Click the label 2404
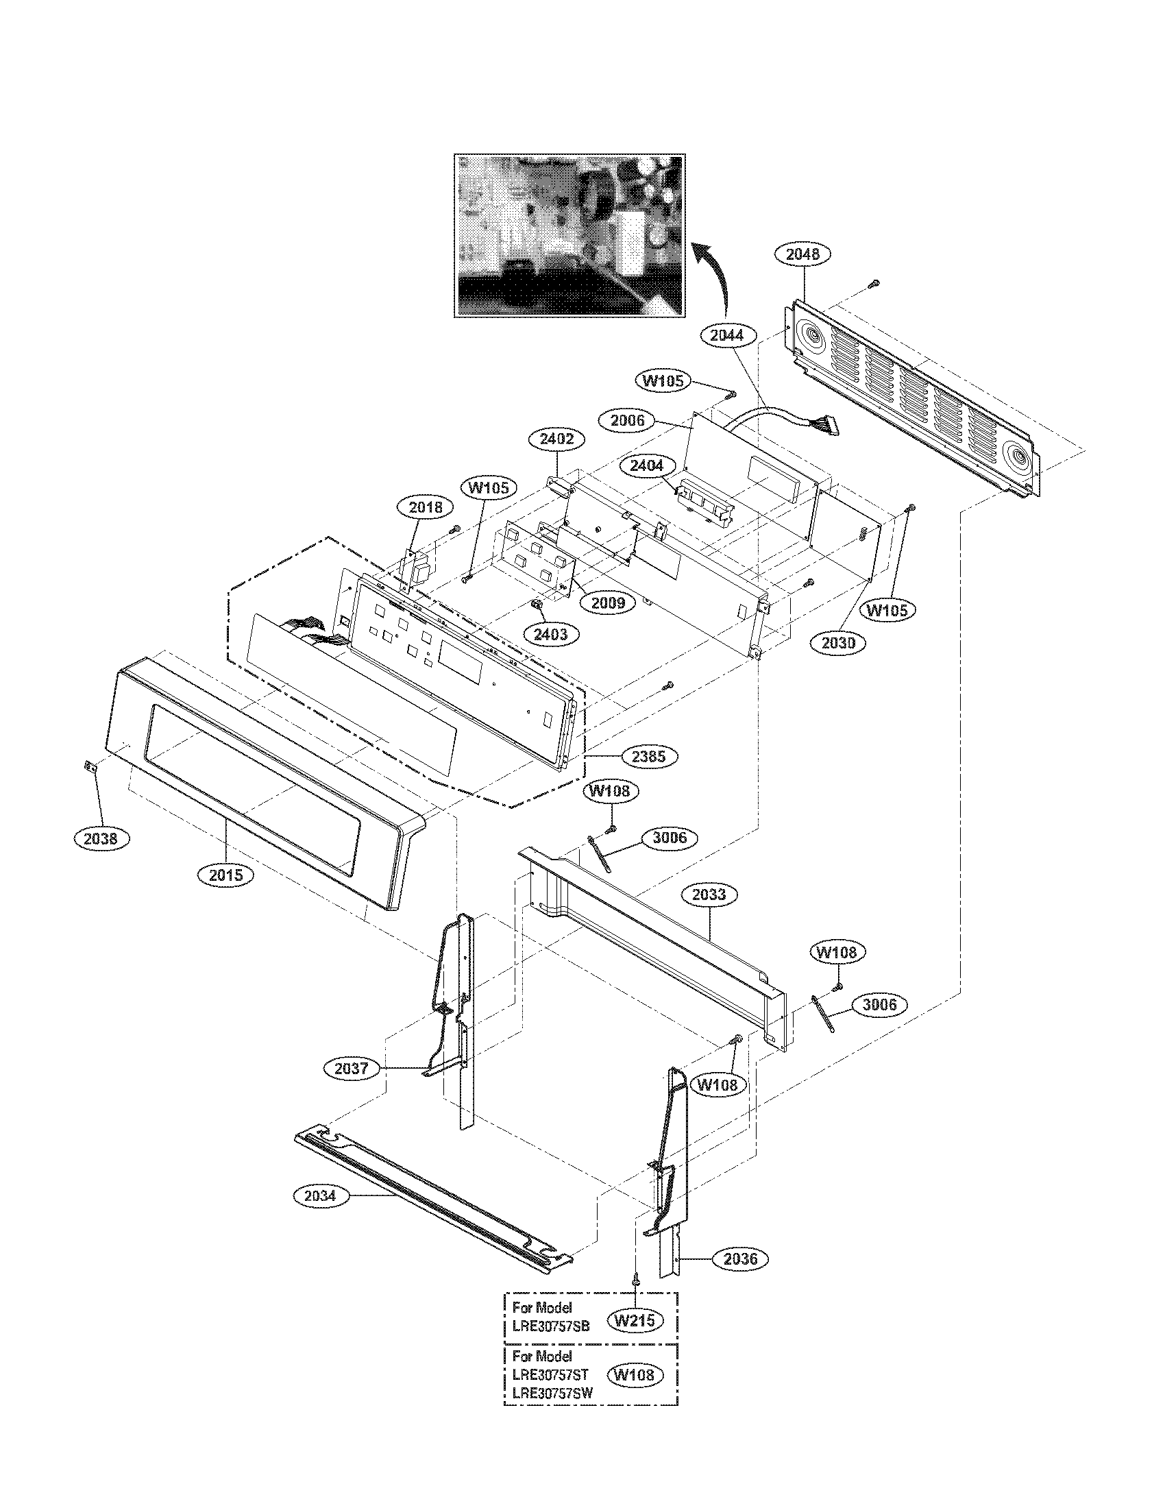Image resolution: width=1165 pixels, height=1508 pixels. (x=646, y=465)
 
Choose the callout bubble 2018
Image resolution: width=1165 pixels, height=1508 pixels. (x=426, y=507)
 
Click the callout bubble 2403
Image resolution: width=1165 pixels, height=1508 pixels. (x=550, y=634)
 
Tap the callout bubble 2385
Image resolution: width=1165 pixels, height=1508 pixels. (x=649, y=757)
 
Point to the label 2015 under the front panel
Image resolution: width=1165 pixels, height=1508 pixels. (x=226, y=875)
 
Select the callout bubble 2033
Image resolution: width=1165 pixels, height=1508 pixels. (x=709, y=895)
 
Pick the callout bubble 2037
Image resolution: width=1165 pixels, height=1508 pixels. (x=351, y=1069)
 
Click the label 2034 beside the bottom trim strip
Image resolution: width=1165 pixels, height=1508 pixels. (x=319, y=1195)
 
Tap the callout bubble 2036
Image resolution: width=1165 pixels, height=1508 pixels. (x=740, y=1258)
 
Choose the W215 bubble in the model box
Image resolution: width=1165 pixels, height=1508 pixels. (x=635, y=1321)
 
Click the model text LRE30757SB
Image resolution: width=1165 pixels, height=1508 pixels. (x=551, y=1326)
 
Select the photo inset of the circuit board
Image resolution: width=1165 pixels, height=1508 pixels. (x=570, y=235)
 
